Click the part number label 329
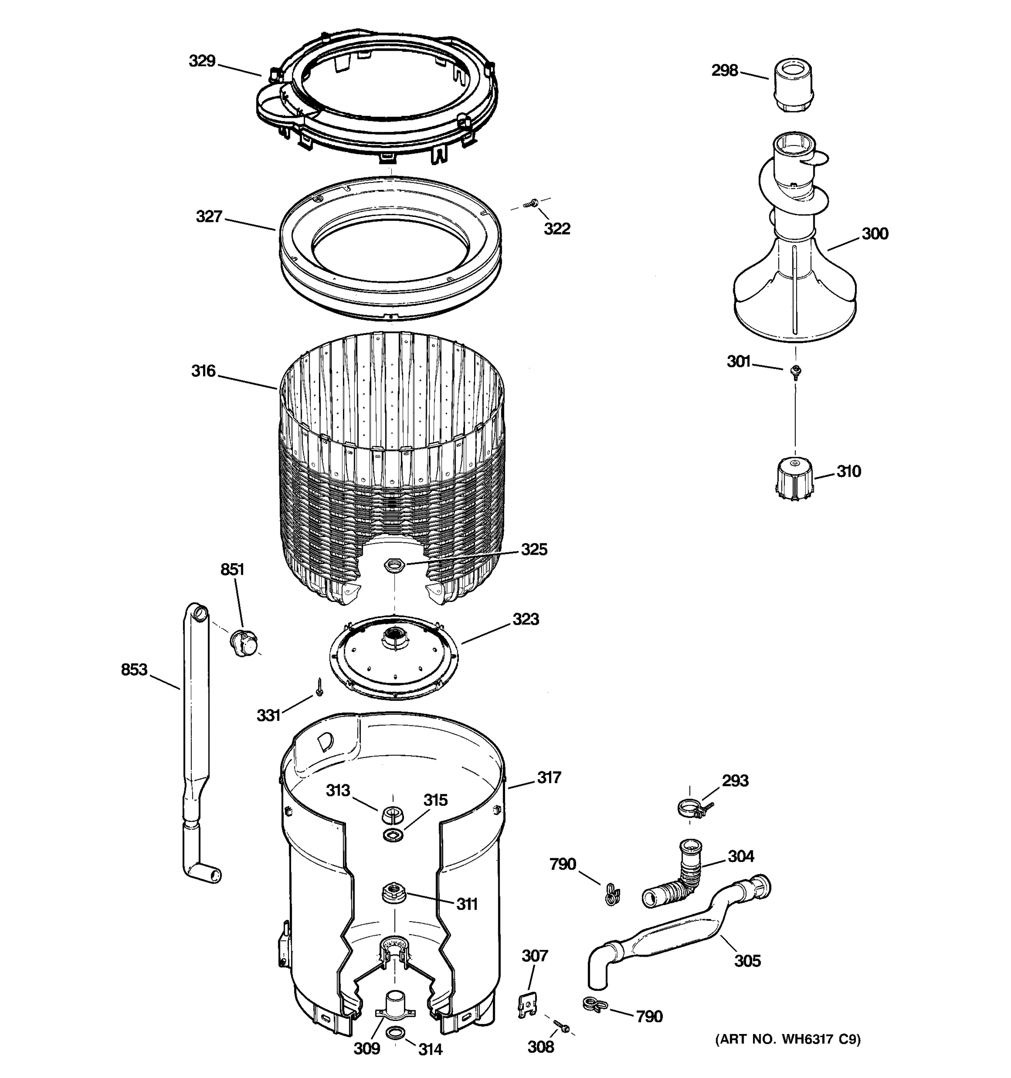click(202, 61)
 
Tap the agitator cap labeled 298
click(793, 84)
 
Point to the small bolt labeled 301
click(796, 371)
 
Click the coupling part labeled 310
click(794, 476)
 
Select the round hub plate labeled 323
click(394, 657)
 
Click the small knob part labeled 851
click(244, 643)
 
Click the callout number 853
click(134, 670)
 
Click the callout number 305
click(747, 961)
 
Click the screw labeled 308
click(561, 1025)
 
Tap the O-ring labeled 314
click(395, 1034)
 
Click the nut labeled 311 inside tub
click(393, 892)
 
